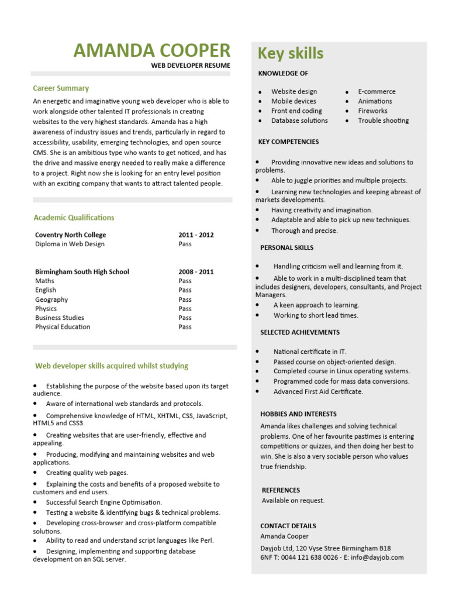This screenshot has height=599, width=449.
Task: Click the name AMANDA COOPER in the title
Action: coord(152,50)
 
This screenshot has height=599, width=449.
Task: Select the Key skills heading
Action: coord(291,53)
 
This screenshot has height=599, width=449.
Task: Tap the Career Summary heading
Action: coord(61,88)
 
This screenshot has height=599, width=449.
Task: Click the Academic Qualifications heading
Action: coord(74,218)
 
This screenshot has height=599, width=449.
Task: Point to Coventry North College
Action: coord(71,235)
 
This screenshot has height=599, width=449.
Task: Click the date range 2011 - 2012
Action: coord(196,235)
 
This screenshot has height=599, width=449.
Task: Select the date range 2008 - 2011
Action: coord(196,272)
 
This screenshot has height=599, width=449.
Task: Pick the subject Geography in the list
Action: coord(51,299)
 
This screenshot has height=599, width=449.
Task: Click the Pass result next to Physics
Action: coord(185,309)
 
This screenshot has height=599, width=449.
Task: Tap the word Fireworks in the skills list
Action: coord(372,111)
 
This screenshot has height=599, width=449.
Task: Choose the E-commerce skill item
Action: coord(377,91)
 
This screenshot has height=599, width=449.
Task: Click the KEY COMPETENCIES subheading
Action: coord(288,142)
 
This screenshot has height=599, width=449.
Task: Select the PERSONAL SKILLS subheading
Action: coord(286,248)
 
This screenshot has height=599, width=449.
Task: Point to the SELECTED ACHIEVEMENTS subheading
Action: coord(299,332)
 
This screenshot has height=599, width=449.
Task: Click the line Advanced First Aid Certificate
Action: coord(318,392)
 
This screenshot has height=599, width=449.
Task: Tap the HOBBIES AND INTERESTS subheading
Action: coord(298,414)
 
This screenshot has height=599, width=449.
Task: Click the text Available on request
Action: coord(293,501)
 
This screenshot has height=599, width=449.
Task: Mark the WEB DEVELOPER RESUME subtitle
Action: coord(191,66)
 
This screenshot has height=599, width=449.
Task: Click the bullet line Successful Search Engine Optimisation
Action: coord(104,502)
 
